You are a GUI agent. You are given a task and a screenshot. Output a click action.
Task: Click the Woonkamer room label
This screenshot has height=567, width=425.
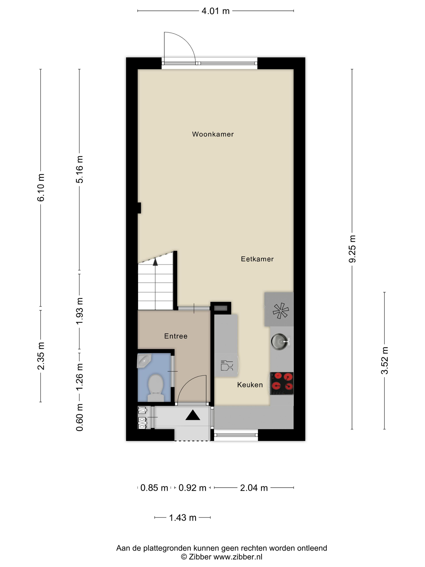tap(213, 134)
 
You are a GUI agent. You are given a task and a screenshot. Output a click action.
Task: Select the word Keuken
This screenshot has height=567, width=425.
tap(250, 385)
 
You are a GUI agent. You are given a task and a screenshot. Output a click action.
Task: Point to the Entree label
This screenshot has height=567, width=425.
tap(176, 336)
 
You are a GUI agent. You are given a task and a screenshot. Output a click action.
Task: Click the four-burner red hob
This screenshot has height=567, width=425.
tap(282, 383)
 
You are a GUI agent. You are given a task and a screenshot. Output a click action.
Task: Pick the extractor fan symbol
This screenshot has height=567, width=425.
tap(280, 311)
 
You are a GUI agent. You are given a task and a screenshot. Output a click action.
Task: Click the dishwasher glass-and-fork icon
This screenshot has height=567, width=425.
tap(227, 365)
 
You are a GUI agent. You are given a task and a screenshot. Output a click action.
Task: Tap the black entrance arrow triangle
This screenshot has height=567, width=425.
tap(193, 415)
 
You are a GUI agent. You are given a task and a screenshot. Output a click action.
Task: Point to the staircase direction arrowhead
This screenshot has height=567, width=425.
tap(155, 262)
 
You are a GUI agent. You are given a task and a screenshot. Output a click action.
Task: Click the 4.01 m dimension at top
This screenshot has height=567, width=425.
tap(216, 11)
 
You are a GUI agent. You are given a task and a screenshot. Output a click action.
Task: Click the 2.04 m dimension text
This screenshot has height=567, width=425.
tap(254, 488)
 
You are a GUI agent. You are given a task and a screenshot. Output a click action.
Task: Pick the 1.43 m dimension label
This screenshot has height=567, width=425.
tap(183, 518)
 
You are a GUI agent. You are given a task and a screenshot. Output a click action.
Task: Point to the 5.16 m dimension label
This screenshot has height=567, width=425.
tap(79, 169)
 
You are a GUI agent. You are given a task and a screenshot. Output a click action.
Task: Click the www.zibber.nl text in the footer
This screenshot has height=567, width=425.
tap(238, 556)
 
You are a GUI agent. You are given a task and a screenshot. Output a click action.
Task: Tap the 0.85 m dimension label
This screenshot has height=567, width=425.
tap(154, 488)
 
